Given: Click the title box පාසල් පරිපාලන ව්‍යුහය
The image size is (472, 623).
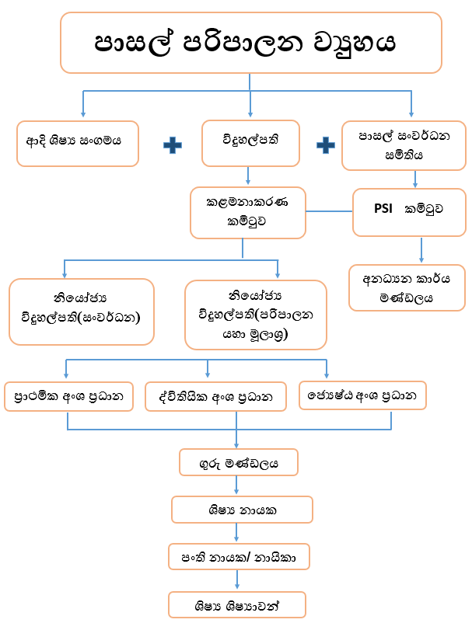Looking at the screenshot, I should click(x=250, y=42).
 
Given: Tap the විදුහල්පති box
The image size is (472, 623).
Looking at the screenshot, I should click(x=250, y=143).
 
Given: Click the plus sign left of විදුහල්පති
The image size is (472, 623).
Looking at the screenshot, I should click(x=172, y=144).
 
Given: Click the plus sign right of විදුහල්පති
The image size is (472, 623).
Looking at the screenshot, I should click(x=326, y=144).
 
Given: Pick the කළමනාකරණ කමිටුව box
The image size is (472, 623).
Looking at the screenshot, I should click(x=249, y=211).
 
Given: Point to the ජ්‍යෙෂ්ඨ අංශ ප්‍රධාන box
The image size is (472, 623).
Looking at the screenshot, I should click(x=363, y=395).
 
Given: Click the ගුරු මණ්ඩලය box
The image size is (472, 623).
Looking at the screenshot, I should click(x=239, y=463).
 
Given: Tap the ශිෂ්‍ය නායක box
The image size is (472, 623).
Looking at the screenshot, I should click(x=242, y=510).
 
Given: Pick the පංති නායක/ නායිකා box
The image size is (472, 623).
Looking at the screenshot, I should click(x=239, y=556).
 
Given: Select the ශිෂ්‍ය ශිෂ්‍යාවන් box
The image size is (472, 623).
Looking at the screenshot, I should click(x=237, y=604).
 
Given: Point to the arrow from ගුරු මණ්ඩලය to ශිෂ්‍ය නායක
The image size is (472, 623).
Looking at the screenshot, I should click(x=236, y=486).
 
